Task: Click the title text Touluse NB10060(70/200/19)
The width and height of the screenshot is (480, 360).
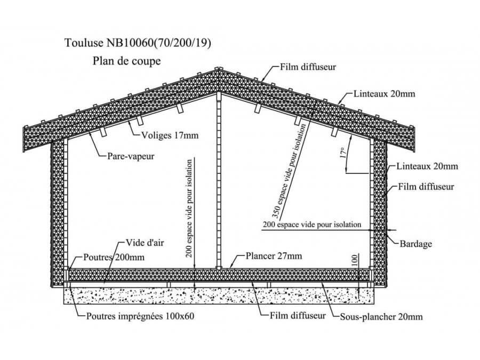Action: (137, 43)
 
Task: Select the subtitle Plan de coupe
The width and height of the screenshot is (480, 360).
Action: (126, 61)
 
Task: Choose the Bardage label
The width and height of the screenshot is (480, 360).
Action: (415, 244)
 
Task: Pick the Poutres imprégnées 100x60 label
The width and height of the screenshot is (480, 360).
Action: (140, 316)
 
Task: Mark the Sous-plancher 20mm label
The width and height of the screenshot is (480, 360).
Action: (381, 317)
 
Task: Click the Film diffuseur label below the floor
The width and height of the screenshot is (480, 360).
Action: (295, 315)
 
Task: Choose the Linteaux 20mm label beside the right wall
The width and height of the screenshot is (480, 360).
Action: (427, 166)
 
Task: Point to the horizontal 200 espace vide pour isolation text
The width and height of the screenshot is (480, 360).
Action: (312, 225)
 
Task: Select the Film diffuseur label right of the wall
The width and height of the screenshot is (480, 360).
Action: (426, 187)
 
